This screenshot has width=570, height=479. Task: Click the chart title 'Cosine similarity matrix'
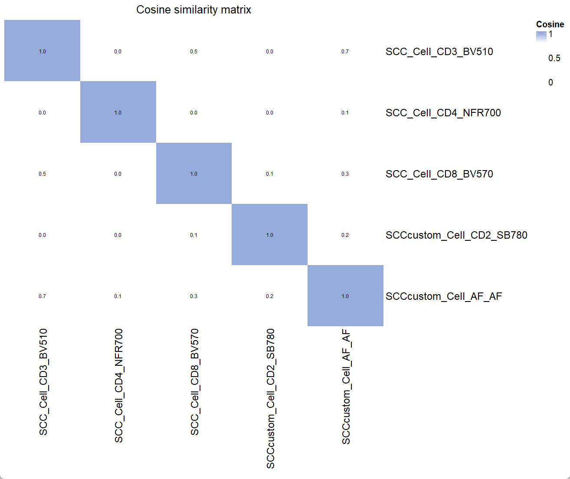(x=193, y=10)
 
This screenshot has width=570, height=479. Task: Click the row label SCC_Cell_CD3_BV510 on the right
(x=439, y=52)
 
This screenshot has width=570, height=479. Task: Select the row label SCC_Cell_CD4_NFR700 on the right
(x=443, y=113)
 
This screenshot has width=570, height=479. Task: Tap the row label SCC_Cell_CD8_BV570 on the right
(x=439, y=174)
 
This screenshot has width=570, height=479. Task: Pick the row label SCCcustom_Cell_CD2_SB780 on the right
(x=456, y=235)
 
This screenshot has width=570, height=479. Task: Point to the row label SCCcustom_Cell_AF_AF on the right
(x=443, y=296)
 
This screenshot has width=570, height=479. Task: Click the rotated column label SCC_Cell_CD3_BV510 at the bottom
(x=43, y=382)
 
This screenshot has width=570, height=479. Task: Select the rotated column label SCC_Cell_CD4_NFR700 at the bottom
(x=118, y=385)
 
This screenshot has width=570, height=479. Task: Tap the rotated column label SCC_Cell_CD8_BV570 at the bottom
(x=194, y=382)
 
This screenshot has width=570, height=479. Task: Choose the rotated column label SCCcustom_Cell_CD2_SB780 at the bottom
(x=270, y=398)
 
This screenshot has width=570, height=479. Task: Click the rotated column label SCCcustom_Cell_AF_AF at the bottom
(x=346, y=386)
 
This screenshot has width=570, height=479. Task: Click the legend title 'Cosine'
(x=550, y=24)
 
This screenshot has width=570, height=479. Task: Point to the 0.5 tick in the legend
(x=554, y=58)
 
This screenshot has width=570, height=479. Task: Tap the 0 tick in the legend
(x=550, y=82)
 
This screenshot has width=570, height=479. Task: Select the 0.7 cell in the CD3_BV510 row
(x=345, y=52)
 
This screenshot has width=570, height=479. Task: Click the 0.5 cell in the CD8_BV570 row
(x=42, y=174)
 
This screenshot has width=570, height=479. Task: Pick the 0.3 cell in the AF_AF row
(x=193, y=296)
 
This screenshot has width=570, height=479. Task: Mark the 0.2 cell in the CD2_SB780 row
(x=345, y=235)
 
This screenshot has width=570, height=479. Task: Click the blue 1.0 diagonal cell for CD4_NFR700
(x=118, y=112)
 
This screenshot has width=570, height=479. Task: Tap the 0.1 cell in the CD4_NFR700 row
(x=345, y=113)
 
